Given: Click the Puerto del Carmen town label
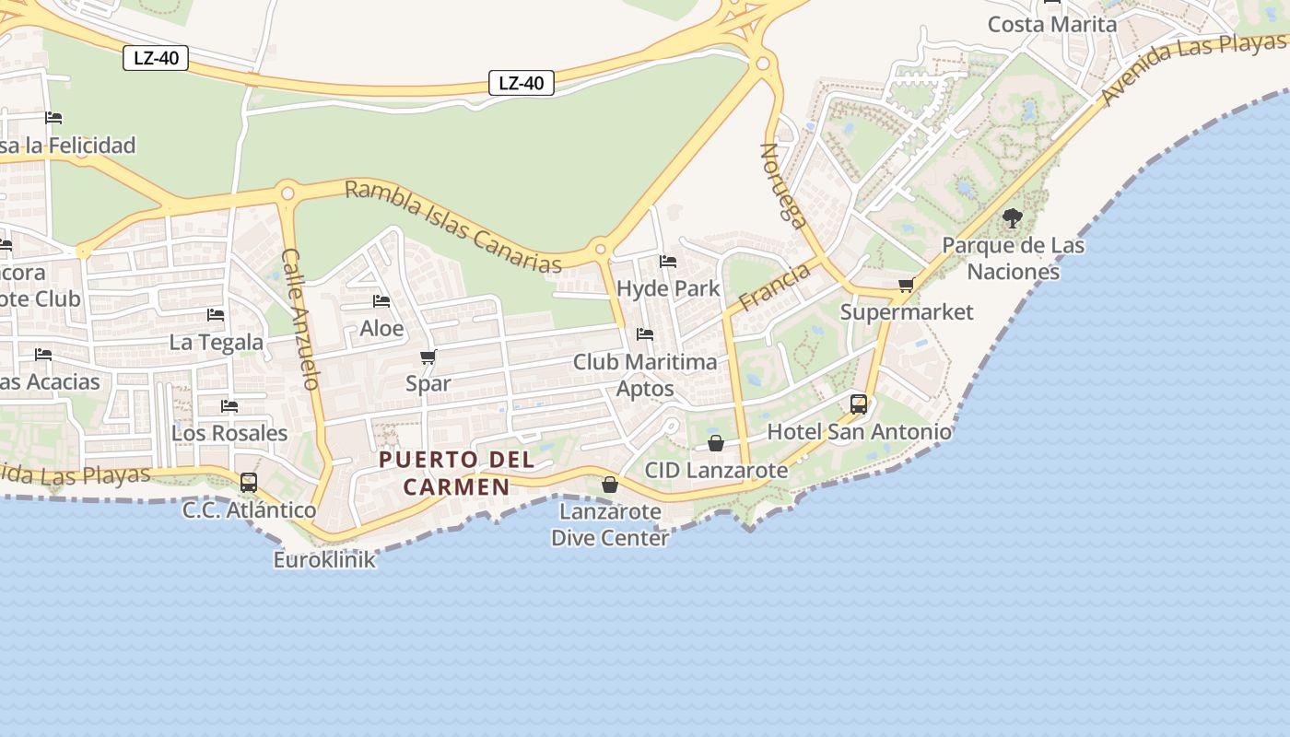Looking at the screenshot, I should coord(456,473).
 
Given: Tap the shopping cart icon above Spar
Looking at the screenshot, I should coord(428,357).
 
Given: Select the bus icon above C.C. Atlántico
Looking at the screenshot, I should coord(249,482).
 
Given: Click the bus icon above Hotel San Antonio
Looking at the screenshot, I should coord(858,404).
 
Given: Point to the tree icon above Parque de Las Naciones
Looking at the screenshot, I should coord(1013,218).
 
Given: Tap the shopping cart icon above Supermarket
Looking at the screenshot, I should coord(906,286).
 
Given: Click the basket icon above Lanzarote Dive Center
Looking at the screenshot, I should coord(609,485).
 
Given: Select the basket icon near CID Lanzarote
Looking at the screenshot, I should coord(715,444).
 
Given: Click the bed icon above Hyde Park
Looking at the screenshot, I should coord(668,262).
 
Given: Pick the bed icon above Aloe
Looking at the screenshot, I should coord(381,301).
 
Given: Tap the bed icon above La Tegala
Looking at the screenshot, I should coord(216,315).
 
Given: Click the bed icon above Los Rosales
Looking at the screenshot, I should coord(229,405).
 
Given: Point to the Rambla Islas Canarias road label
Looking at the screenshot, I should coord(452,227).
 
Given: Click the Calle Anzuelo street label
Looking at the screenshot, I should coord(299,319).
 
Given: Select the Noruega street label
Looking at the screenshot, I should coord(784,184).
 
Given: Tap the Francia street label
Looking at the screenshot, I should coord(774,287).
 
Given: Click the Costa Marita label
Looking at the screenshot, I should coord(1052,24).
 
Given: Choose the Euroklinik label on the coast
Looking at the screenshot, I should coord(324,559).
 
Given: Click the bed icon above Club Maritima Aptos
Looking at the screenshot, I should coord(645,333).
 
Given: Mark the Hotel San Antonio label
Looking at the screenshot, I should coord(859,431).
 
